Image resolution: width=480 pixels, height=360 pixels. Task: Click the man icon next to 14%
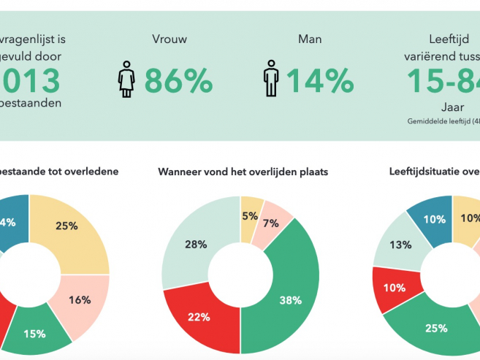[270, 80]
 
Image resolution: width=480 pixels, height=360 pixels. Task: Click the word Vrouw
[167, 39]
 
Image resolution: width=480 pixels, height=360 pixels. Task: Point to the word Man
[310, 39]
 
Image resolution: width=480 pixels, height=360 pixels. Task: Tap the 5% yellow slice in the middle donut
[251, 215]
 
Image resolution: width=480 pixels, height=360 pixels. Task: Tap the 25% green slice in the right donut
[436, 328]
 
